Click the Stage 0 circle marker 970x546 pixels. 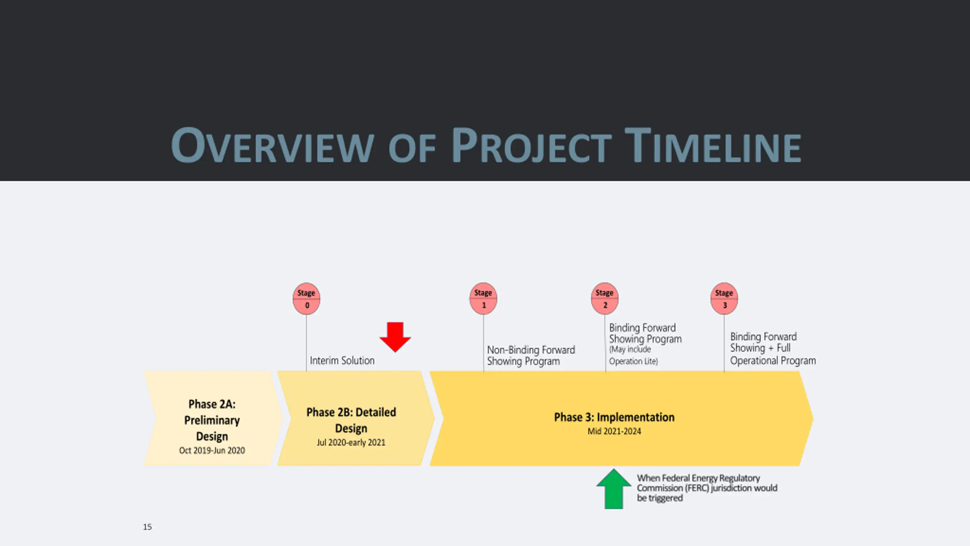pos(306,298)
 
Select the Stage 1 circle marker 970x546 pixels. pos(483,298)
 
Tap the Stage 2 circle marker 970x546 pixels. pos(605,298)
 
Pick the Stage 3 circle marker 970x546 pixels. pos(724,298)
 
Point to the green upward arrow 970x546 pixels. pos(614,489)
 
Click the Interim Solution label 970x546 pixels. pos(342,361)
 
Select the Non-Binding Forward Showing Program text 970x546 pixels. pos(530,355)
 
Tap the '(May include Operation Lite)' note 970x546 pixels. pos(633,355)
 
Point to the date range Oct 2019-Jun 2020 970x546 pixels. pos(212,450)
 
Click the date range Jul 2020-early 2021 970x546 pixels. pos(351,442)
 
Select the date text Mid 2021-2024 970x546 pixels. pos(614,431)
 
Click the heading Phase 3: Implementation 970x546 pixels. pos(614,417)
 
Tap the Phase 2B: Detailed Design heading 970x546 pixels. pos(351,420)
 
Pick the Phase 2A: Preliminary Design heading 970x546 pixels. pos(212,420)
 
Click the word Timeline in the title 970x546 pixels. pos(712,146)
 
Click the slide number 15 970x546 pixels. pos(147,527)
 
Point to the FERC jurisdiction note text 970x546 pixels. pos(707,488)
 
